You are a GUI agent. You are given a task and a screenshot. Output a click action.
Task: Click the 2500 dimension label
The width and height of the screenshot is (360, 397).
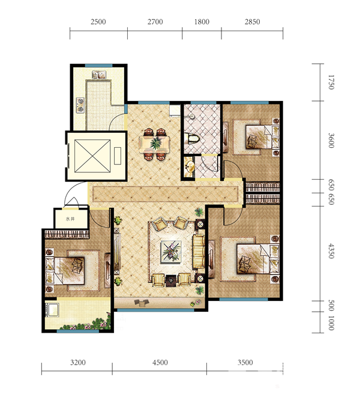98,22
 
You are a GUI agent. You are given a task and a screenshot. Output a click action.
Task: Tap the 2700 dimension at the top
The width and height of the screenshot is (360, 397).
155,22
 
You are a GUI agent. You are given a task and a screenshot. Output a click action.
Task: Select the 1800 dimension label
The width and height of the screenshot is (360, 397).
202,22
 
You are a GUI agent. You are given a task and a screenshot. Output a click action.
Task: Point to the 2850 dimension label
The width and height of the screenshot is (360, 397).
252,22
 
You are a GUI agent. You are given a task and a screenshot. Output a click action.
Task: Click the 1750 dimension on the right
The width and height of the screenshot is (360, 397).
331,82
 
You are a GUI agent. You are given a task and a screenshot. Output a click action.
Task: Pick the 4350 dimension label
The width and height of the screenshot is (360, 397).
331,251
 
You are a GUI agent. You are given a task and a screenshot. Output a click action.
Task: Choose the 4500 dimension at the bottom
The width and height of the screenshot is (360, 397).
160,363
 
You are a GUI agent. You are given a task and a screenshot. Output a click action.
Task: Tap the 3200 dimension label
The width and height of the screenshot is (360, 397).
78,363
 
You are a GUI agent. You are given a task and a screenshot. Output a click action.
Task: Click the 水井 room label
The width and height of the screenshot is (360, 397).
70,219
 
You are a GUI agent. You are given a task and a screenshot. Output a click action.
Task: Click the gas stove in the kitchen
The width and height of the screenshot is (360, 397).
80,105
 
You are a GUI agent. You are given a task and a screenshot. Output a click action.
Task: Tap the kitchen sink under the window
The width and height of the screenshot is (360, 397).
99,74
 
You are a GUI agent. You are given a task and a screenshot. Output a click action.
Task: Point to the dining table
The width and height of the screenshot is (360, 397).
154,144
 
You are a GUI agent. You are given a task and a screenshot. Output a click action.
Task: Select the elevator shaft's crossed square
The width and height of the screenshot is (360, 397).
92,156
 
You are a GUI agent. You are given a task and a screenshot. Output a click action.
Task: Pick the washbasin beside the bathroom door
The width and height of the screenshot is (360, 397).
189,167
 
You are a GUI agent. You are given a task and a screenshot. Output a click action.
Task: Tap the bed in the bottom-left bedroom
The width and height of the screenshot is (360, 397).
65,271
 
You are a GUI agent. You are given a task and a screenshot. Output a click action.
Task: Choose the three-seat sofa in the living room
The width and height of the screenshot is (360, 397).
199,252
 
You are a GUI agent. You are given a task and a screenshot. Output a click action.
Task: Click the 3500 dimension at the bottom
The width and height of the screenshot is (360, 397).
245,363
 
